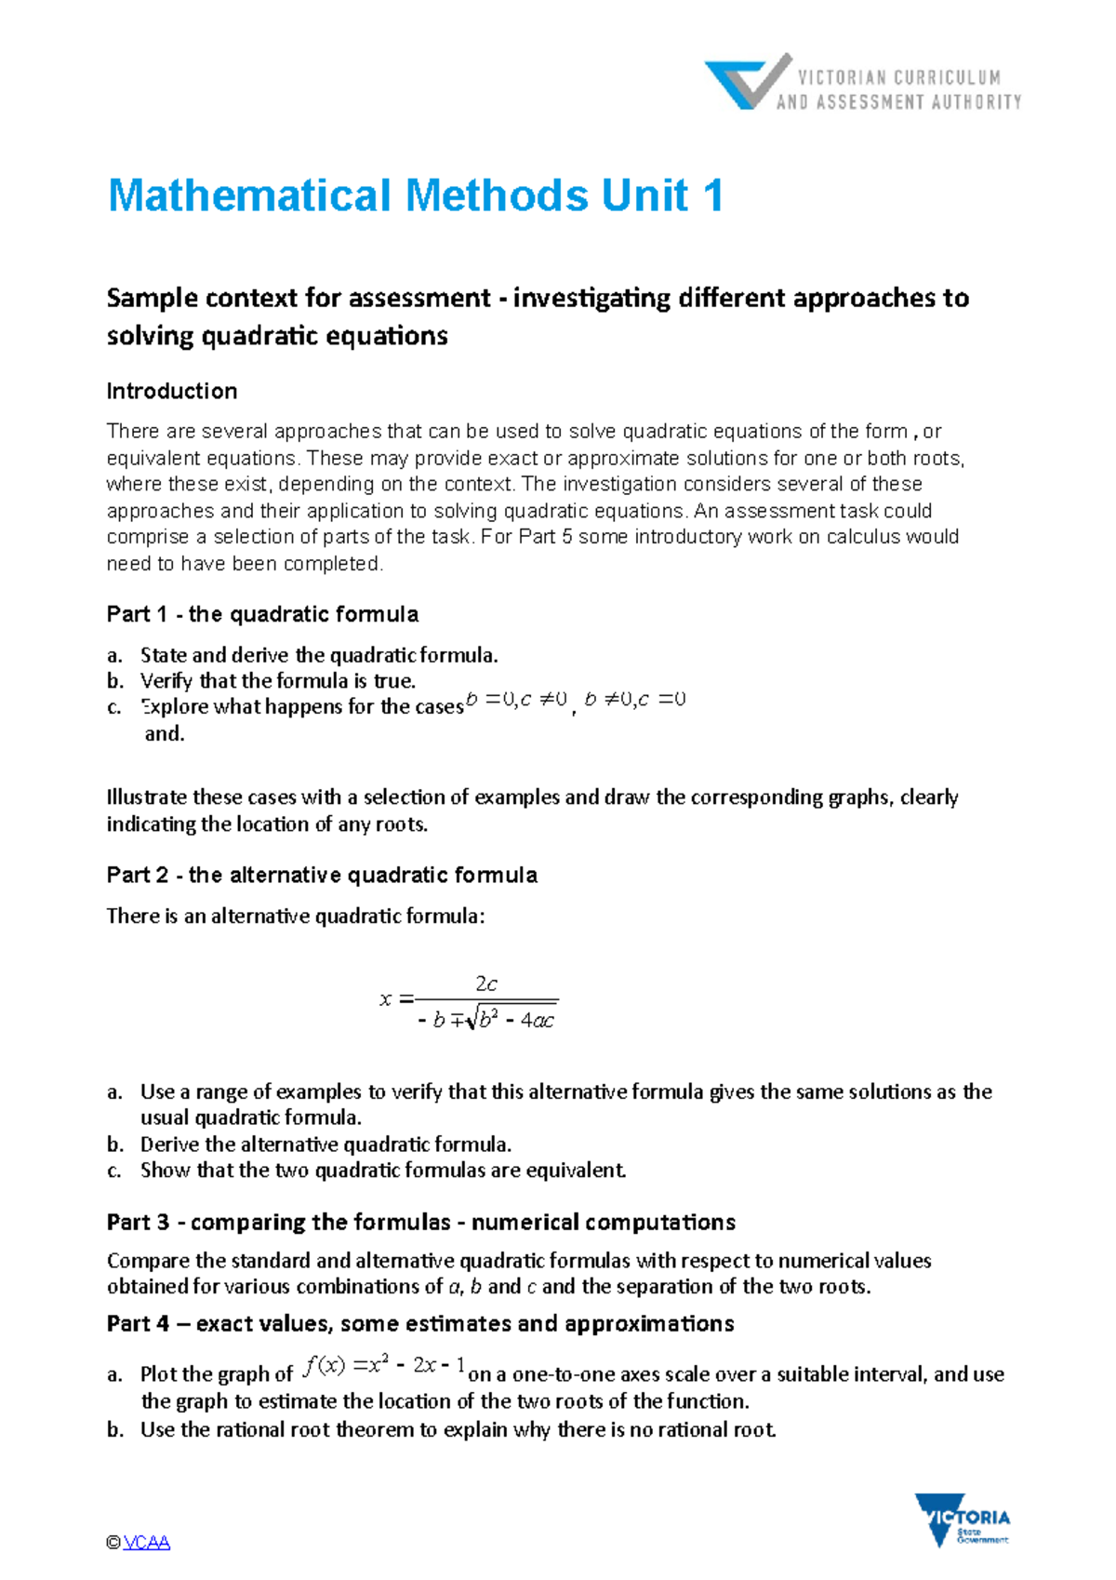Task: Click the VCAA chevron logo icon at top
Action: point(747,82)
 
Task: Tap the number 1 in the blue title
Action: point(713,196)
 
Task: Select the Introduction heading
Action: point(172,391)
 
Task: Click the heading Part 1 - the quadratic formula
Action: point(262,614)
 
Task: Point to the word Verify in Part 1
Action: point(167,680)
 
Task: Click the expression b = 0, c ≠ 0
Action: point(516,700)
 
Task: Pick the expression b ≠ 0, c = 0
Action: point(635,700)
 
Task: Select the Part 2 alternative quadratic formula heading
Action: point(322,875)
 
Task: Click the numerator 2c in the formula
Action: point(486,984)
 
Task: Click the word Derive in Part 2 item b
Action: point(169,1144)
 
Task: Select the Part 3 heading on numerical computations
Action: point(420,1222)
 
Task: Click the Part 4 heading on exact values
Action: point(420,1323)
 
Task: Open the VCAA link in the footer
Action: point(147,1543)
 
